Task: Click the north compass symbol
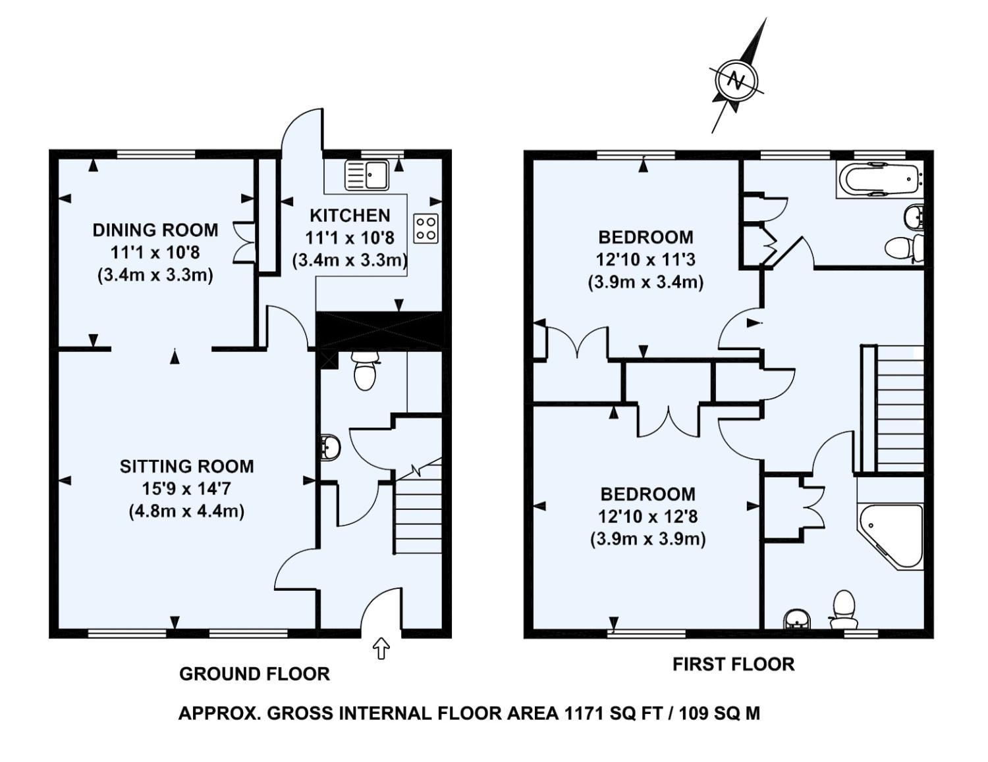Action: tap(736, 80)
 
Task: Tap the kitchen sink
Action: tap(368, 174)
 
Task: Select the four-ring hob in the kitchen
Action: tap(425, 228)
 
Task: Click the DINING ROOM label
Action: tap(155, 230)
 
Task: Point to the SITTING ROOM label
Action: tap(186, 467)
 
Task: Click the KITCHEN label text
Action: tap(350, 215)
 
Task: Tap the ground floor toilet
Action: tap(365, 370)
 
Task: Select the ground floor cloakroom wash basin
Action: tap(329, 447)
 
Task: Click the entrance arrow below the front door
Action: tap(381, 648)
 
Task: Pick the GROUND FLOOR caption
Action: tap(254, 674)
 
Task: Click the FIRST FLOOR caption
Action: tap(733, 664)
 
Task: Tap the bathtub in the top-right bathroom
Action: tap(879, 178)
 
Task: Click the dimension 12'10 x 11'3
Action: tap(645, 259)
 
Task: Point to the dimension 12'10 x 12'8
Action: tap(647, 517)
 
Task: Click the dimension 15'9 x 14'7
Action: tap(186, 489)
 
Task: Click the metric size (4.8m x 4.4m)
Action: tap(186, 511)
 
